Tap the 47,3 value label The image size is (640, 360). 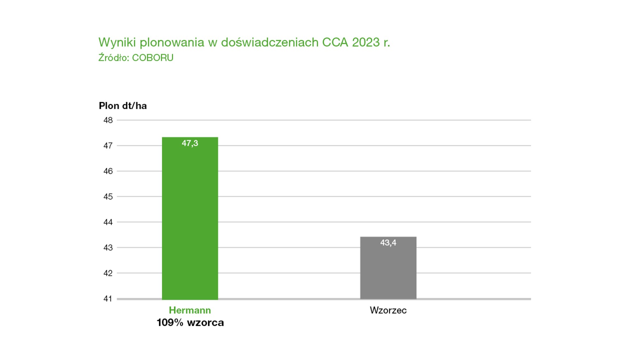click(x=190, y=143)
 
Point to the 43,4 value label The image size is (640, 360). click(x=388, y=243)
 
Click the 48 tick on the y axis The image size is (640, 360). click(x=108, y=120)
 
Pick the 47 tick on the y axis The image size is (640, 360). click(x=108, y=146)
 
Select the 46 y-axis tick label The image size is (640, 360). click(x=108, y=171)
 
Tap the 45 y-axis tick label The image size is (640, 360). click(x=108, y=197)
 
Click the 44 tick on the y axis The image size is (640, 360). click(x=108, y=222)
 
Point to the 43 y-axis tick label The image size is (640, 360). click(x=108, y=248)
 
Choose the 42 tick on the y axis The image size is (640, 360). click(x=108, y=273)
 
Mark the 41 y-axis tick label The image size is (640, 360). click(x=108, y=299)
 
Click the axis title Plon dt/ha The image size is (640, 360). click(x=123, y=106)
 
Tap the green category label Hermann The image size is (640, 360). click(x=190, y=310)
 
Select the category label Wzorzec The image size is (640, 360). click(x=388, y=310)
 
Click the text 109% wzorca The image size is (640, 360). click(x=190, y=323)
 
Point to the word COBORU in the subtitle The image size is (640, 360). click(x=153, y=58)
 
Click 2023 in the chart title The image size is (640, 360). click(x=366, y=43)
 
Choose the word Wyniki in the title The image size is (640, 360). click(x=117, y=43)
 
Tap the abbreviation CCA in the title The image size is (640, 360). click(x=335, y=43)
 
